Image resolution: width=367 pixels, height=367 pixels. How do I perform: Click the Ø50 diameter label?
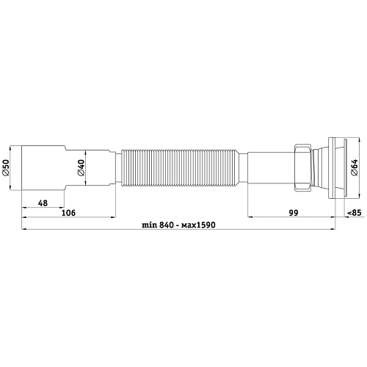pos(6,170)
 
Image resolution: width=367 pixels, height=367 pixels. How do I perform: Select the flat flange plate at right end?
pos(336,170)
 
